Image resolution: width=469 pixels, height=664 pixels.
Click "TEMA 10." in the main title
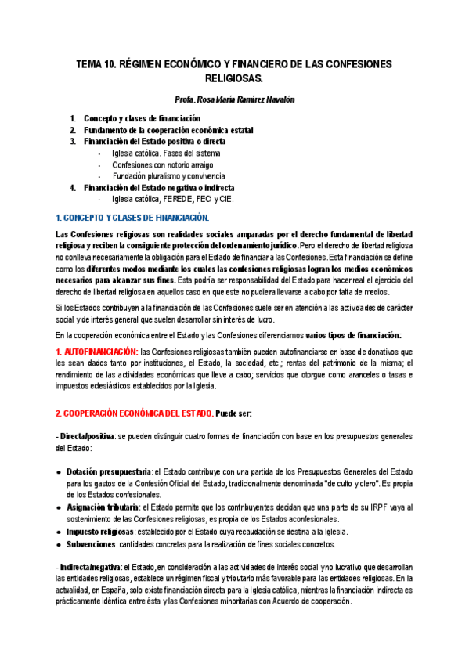point(96,64)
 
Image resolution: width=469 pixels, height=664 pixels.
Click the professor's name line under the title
point(234,100)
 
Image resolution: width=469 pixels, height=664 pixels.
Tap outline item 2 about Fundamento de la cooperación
point(168,130)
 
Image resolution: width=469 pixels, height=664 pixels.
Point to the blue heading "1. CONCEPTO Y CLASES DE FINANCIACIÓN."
point(132,217)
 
